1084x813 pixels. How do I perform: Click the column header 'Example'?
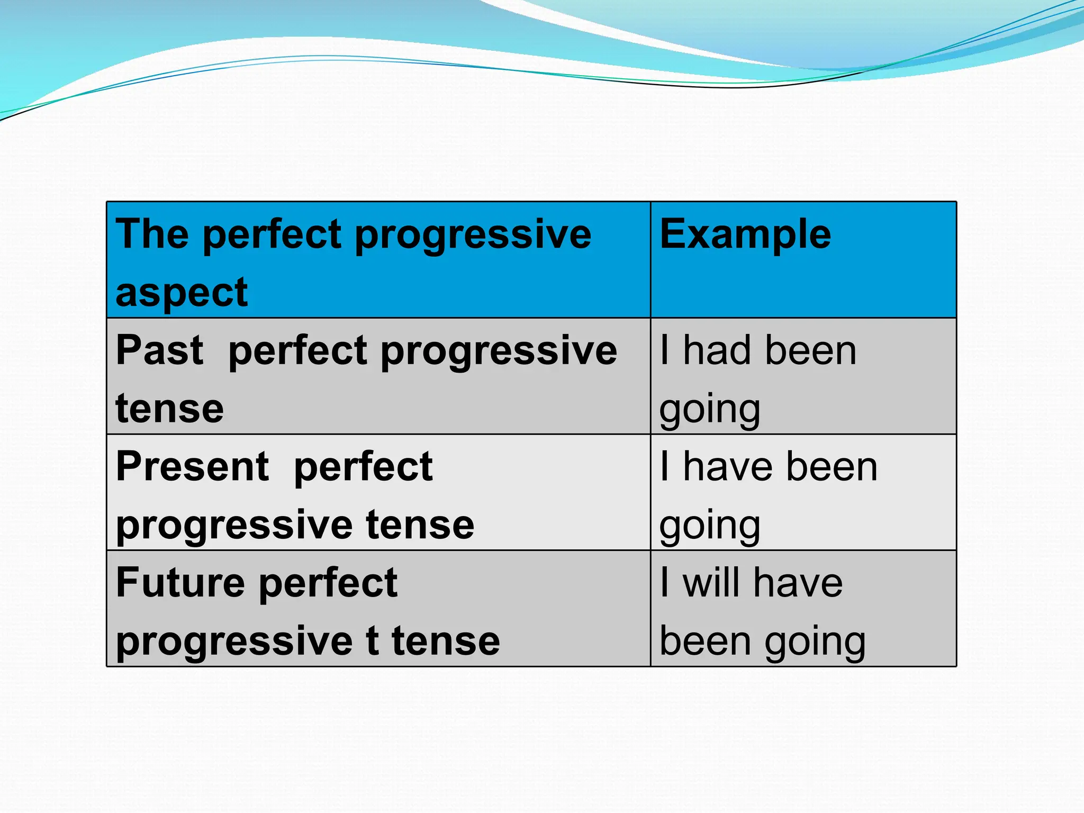[x=745, y=234]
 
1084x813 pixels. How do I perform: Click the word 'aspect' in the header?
[x=182, y=293]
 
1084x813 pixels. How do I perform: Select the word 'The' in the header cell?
[x=152, y=234]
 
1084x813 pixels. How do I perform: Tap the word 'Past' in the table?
[x=159, y=350]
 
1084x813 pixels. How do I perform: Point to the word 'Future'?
[x=180, y=583]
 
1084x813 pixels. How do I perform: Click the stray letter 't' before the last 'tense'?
[x=372, y=641]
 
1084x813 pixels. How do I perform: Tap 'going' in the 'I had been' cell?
[x=710, y=410]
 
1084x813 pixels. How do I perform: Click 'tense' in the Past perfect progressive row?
[x=169, y=409]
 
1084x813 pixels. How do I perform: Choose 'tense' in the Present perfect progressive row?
[x=420, y=525]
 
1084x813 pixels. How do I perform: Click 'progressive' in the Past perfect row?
[x=499, y=351]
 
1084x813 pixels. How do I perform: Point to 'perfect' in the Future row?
[x=328, y=583]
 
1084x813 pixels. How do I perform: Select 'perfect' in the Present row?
[x=363, y=467]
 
